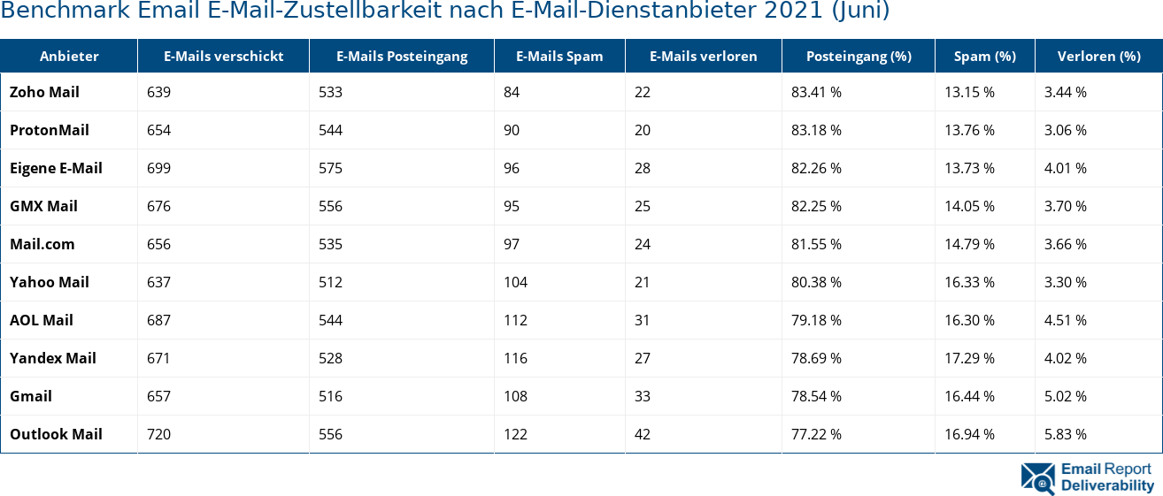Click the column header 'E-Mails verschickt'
223,57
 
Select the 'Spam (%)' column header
984,57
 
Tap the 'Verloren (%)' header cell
1098,57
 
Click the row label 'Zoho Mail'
44,92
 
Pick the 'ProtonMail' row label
50,130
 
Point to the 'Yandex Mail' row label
53,358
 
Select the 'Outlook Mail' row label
56,434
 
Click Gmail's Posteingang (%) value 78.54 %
816,396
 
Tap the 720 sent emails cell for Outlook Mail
159,434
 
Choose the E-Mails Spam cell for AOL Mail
515,320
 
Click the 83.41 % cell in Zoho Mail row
816,92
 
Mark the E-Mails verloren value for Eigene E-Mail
643,168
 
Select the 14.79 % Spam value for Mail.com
969,244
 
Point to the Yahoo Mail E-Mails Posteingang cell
330,282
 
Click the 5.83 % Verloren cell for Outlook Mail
1066,434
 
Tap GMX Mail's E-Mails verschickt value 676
159,206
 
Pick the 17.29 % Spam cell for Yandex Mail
969,358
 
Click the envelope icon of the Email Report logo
1038,477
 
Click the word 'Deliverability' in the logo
1107,485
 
